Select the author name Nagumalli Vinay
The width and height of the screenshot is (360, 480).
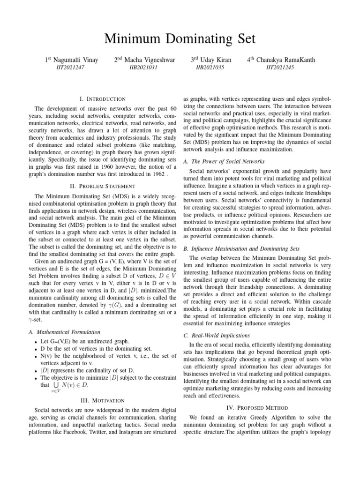click(x=75, y=60)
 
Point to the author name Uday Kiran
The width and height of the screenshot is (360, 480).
click(x=216, y=60)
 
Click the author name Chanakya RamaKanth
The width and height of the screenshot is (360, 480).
click(x=285, y=60)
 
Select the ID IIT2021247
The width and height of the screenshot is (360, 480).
click(x=71, y=67)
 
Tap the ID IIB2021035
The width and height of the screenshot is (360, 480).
click(x=210, y=67)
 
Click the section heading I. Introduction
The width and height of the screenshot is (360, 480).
click(x=103, y=99)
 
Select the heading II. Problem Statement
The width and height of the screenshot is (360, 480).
click(x=103, y=186)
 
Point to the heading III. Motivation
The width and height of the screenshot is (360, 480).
click(x=103, y=400)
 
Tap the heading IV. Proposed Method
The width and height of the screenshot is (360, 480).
click(x=257, y=408)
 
